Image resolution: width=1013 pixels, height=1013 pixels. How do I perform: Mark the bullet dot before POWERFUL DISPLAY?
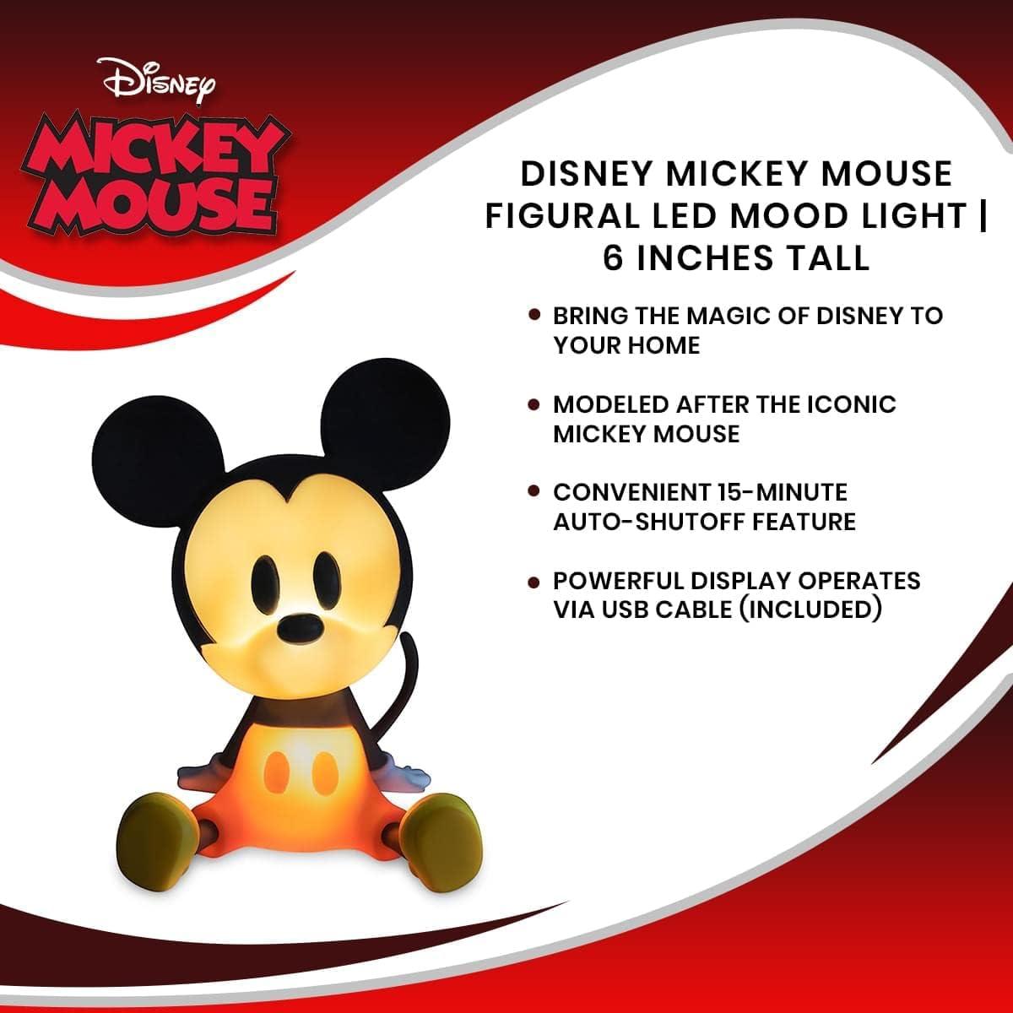(534, 582)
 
